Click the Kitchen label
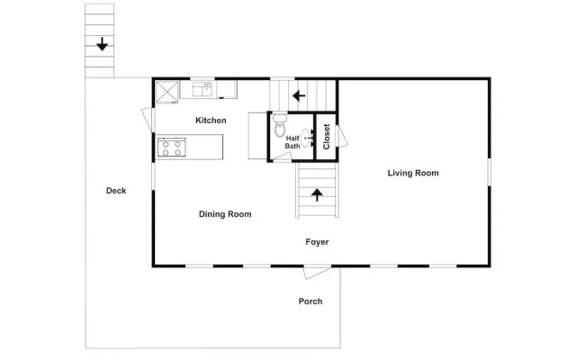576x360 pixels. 211,120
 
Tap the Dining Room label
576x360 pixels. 225,214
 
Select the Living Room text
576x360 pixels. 413,173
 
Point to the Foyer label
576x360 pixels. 317,242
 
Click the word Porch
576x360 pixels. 310,301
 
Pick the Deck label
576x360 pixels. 116,190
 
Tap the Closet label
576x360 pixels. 326,137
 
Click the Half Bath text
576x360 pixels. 292,142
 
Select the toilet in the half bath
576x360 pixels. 280,125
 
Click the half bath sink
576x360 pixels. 306,138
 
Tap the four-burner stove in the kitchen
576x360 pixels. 172,148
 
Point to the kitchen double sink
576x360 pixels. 202,89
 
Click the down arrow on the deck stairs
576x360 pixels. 102,44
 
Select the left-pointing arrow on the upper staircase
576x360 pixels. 299,96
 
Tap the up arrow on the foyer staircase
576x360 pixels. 317,194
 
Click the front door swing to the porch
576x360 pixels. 317,272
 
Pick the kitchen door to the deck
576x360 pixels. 148,119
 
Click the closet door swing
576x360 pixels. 342,136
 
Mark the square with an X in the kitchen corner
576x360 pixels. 167,92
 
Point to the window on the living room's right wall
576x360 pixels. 489,172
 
